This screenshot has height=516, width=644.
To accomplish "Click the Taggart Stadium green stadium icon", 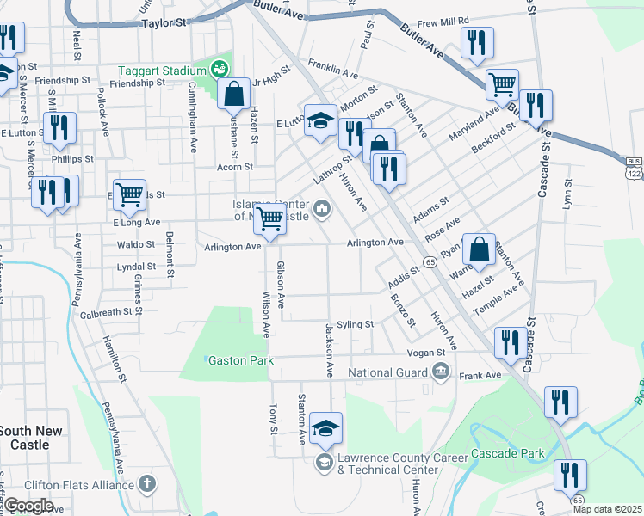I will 220,68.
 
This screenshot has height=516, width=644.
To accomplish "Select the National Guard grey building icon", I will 441,372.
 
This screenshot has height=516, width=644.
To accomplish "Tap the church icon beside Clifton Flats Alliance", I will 147,484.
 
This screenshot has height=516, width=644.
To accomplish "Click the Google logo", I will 28,506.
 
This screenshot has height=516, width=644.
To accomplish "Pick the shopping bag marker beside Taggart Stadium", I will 234,95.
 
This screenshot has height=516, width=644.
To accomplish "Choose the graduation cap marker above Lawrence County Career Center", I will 326,427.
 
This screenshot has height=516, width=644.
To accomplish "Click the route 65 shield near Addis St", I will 428,261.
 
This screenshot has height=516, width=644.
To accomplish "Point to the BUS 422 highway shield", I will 635,168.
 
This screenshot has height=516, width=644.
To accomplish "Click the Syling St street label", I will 355,324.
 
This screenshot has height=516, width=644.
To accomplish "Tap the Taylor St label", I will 164,25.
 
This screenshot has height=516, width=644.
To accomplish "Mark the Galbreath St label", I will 105,314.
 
